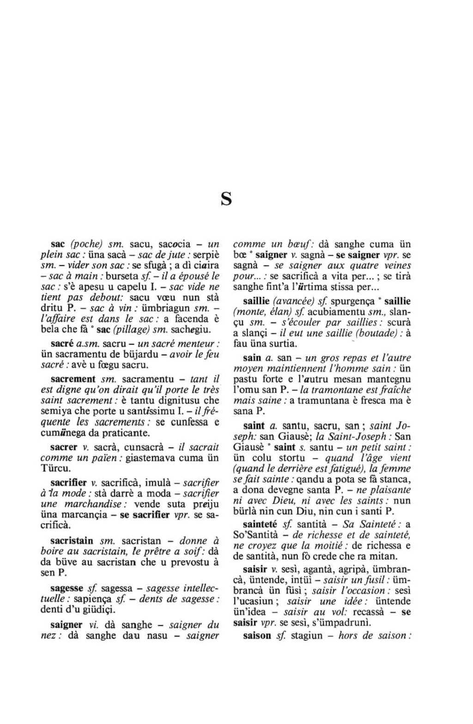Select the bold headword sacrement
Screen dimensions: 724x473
tap(73, 379)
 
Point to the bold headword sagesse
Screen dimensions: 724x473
tap(67, 589)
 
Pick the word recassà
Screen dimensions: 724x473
tap(371, 613)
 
